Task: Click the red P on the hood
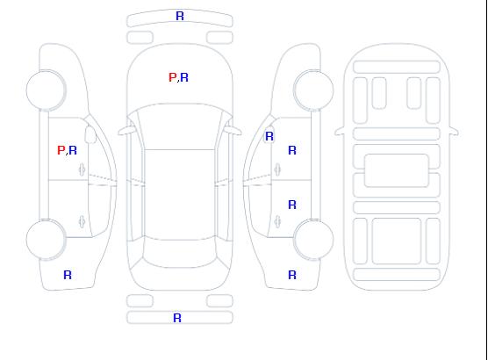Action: tap(172, 77)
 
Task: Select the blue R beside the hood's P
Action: tap(184, 77)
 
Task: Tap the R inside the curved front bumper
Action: tap(180, 16)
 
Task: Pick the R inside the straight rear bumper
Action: tap(177, 318)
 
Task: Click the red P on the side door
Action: tap(61, 150)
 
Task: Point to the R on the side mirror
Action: tap(269, 136)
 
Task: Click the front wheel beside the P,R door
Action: tap(46, 90)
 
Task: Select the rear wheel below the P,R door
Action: tap(46, 240)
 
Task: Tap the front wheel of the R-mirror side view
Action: tap(313, 90)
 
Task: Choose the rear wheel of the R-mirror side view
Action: tap(313, 240)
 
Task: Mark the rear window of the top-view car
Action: tap(180, 253)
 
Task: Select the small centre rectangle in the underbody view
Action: tap(397, 170)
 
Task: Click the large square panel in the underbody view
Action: tap(397, 241)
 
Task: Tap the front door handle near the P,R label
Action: tap(83, 169)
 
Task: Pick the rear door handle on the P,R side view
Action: tap(83, 221)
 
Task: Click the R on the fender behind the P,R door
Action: tap(68, 275)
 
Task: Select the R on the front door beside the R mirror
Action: tap(292, 150)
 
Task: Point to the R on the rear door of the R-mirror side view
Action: tap(292, 205)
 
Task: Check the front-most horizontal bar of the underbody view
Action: tap(397, 67)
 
